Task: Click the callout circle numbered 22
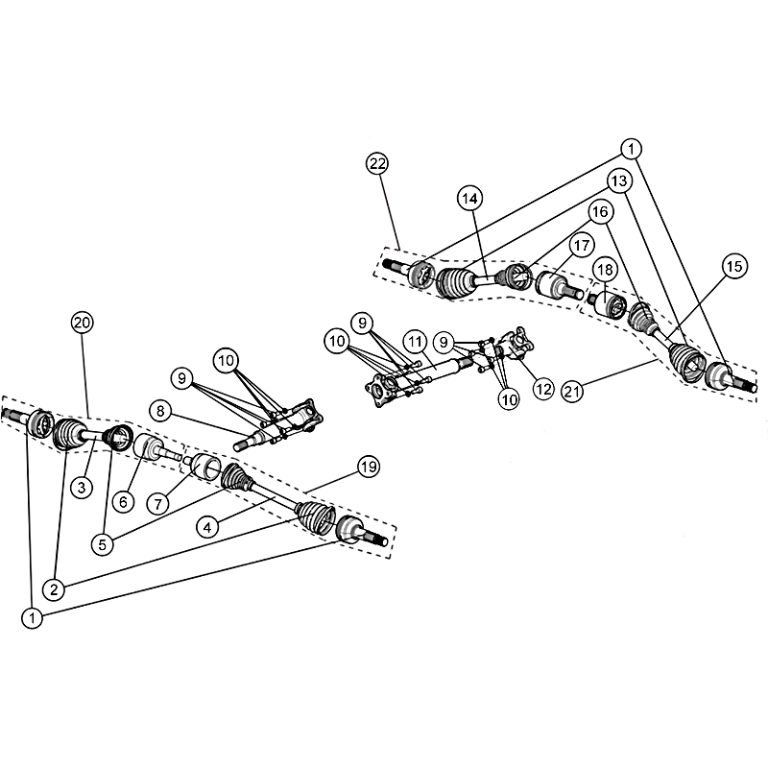tap(377, 163)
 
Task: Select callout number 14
tap(469, 199)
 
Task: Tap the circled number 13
tap(619, 180)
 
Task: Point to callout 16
tap(600, 211)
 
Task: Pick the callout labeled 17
tap(582, 245)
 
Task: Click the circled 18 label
tap(605, 270)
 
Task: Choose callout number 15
tap(734, 267)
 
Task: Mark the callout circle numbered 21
tap(572, 391)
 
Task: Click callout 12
tap(543, 389)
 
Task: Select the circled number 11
tap(416, 342)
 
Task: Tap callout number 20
tap(82, 323)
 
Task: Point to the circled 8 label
tap(160, 411)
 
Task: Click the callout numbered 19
tap(369, 467)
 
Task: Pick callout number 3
tap(82, 487)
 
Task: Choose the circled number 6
tap(123, 501)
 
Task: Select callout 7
tap(158, 503)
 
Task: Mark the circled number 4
tap(207, 527)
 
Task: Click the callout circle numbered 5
tap(103, 544)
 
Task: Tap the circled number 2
tap(54, 588)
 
